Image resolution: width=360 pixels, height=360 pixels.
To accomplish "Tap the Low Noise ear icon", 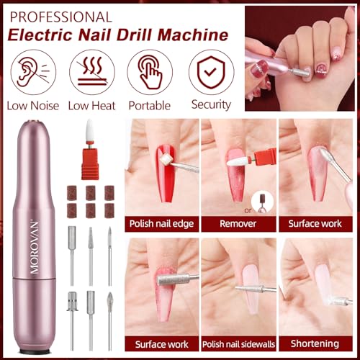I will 30,73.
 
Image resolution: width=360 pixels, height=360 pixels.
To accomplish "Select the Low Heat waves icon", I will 89,73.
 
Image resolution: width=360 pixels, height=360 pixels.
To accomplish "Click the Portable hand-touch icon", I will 150,73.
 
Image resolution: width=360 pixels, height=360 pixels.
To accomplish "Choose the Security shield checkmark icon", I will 211,73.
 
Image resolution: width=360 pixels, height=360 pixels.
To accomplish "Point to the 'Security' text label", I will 210,106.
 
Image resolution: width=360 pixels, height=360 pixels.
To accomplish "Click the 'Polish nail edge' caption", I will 161,224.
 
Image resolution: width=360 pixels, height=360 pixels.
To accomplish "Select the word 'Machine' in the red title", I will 190,34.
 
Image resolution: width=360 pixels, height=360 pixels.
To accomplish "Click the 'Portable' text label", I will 150,106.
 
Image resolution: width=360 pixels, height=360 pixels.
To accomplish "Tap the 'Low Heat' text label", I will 89,106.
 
